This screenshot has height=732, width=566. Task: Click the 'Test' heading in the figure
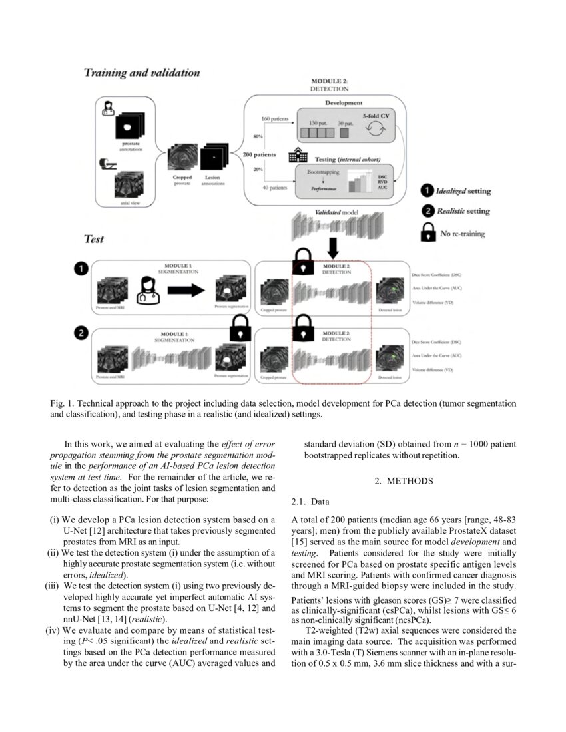pos(94,238)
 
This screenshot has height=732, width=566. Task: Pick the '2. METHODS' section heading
pos(406,481)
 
